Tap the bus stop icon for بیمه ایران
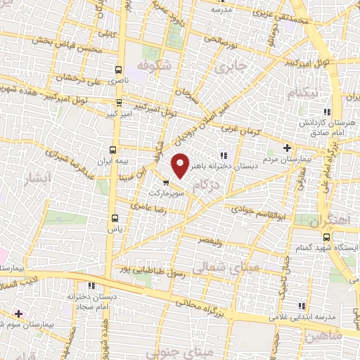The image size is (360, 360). point(114,150)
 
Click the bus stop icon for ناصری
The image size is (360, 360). point(117,70)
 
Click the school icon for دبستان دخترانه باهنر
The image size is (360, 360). point(224,156)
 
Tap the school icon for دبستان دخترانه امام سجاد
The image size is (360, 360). point(92,285)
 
